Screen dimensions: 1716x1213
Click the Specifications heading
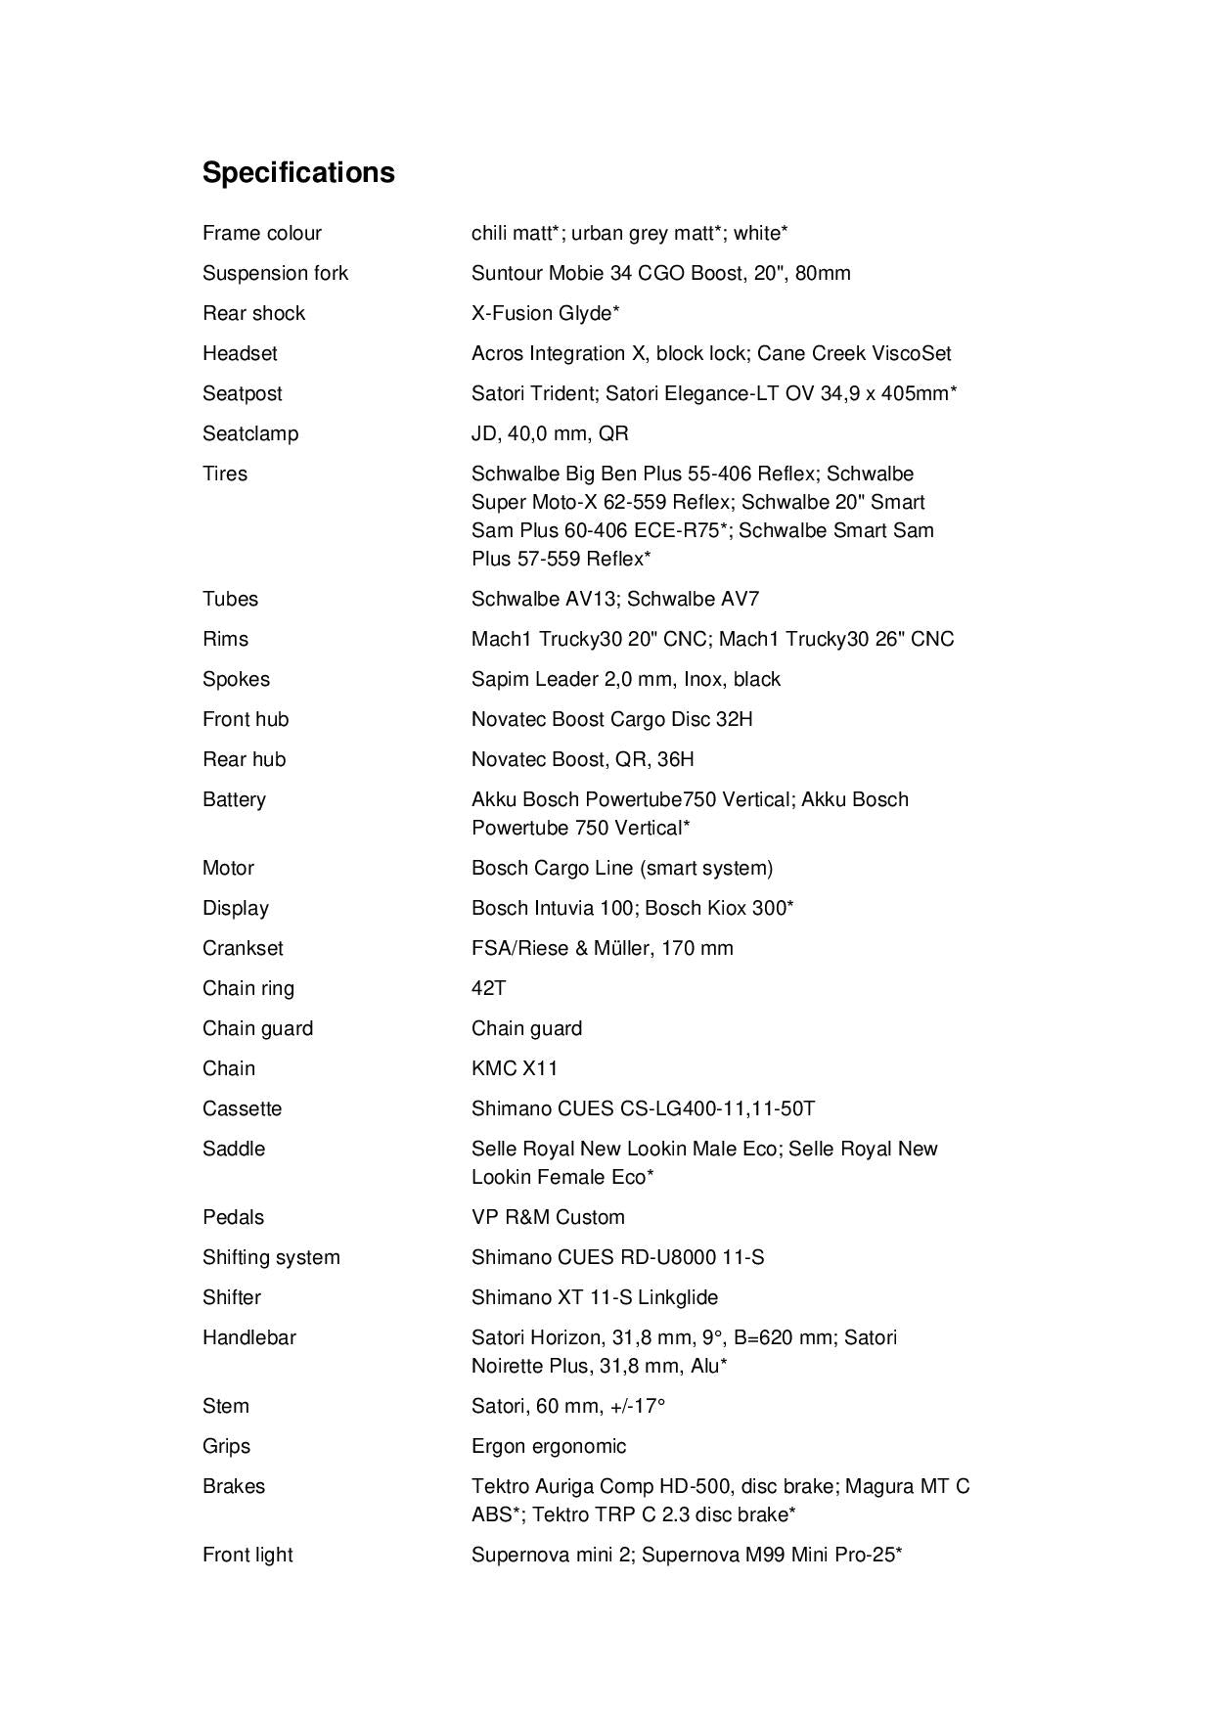298,172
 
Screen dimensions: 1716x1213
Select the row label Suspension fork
275,273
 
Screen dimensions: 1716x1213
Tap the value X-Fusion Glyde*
545,313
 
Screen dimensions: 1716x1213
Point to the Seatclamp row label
250,433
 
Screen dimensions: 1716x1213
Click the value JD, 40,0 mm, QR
550,433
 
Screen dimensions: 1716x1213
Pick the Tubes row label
230,599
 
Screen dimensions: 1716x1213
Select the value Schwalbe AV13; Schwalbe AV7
614,599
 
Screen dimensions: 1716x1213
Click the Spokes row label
236,679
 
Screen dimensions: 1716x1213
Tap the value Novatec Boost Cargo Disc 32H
611,719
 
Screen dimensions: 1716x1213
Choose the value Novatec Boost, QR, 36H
582,759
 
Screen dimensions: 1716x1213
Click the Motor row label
228,868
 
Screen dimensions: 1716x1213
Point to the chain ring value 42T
488,988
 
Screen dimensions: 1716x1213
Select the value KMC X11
515,1068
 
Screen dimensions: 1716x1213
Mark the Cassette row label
242,1108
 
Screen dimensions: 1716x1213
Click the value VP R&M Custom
548,1217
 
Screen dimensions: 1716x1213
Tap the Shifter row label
232,1297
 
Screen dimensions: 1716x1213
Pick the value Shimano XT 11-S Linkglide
595,1297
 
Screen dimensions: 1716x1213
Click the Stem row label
226,1406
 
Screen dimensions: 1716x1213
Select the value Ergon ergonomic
549,1446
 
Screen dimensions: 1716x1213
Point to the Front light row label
247,1555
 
